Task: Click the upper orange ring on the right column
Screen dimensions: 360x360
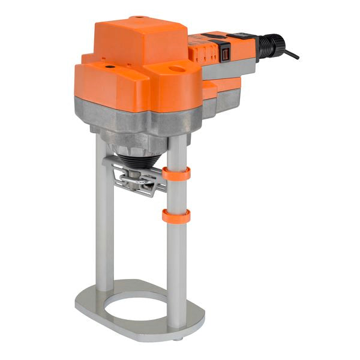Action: pos(176,173)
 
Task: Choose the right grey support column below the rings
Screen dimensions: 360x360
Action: pos(176,270)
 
